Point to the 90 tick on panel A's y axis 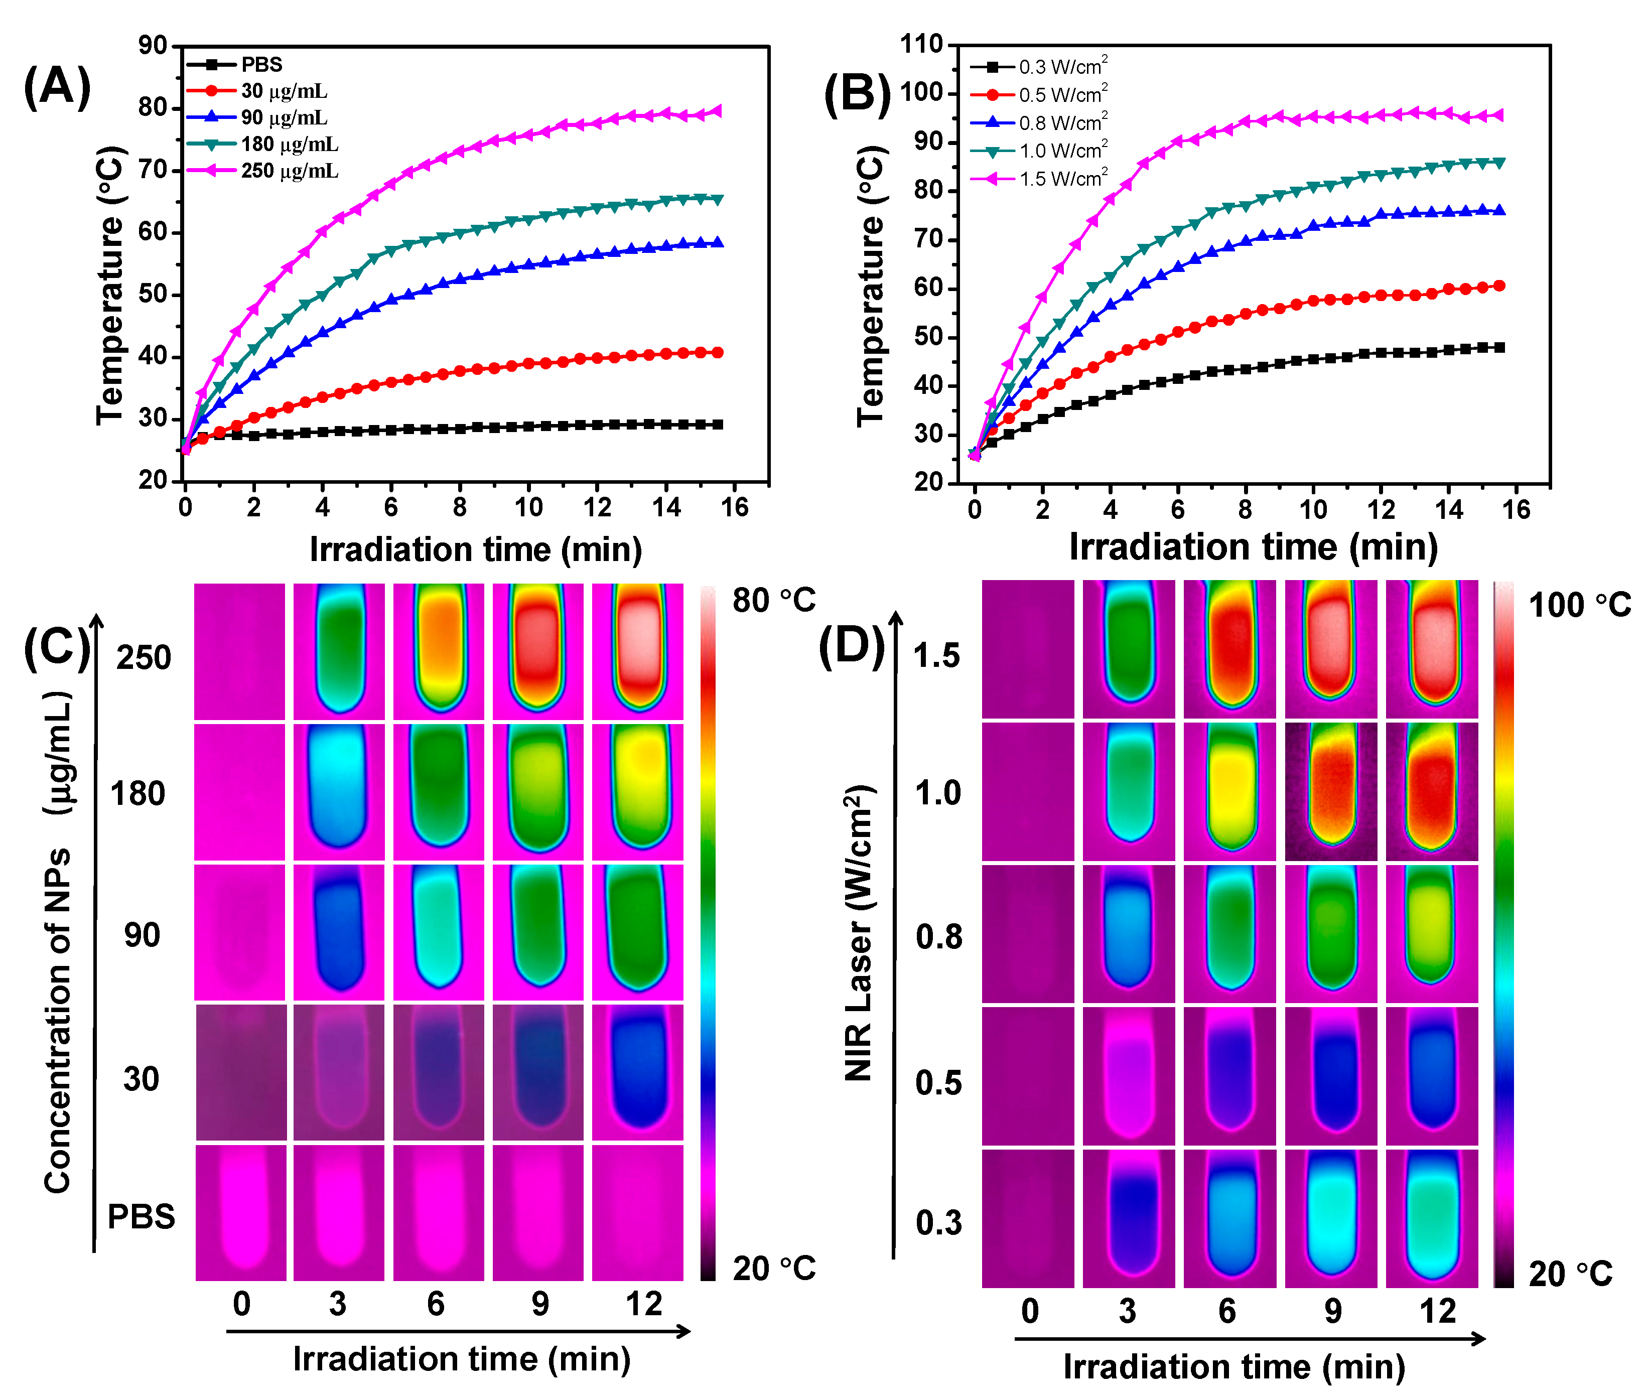pyautogui.click(x=153, y=45)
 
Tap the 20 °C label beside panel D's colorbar pyautogui.click(x=1570, y=1274)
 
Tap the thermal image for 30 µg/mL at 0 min pyautogui.click(x=240, y=1072)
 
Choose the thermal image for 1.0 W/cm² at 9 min pyautogui.click(x=1330, y=791)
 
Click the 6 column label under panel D pyautogui.click(x=1227, y=1311)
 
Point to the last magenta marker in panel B pyautogui.click(x=1497, y=115)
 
